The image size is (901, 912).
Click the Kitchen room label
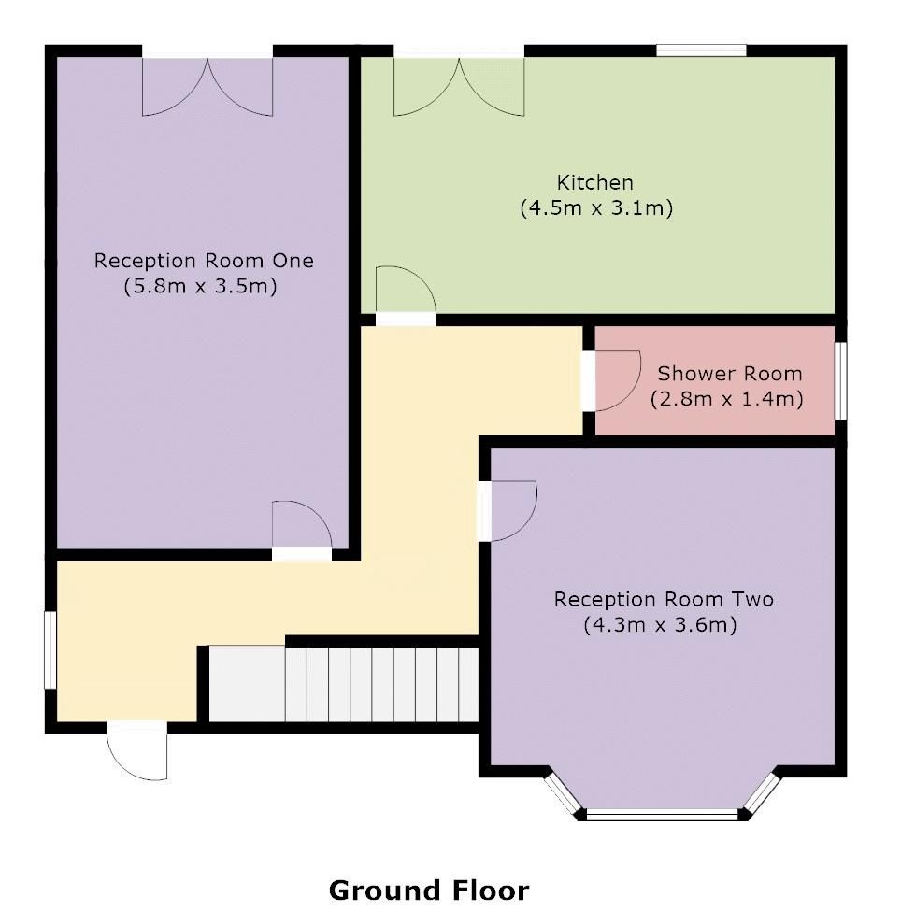595,182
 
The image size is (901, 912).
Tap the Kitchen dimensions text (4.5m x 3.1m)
596,208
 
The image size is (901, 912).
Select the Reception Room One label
204,261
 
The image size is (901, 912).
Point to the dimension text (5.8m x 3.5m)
201,287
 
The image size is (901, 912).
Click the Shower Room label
729,374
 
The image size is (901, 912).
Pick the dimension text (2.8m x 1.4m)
727,400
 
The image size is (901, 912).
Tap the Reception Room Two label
664,599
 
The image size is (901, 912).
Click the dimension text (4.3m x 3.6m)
661,625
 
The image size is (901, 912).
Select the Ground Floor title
428,891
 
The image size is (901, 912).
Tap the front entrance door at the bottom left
137,749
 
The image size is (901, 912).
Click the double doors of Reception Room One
207,84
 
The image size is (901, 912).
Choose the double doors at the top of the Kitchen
459,84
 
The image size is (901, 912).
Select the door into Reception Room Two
508,510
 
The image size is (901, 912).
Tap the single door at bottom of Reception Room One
301,528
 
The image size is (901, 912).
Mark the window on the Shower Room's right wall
839,380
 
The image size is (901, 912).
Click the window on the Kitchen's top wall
701,50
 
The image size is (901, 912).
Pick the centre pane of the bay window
663,815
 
